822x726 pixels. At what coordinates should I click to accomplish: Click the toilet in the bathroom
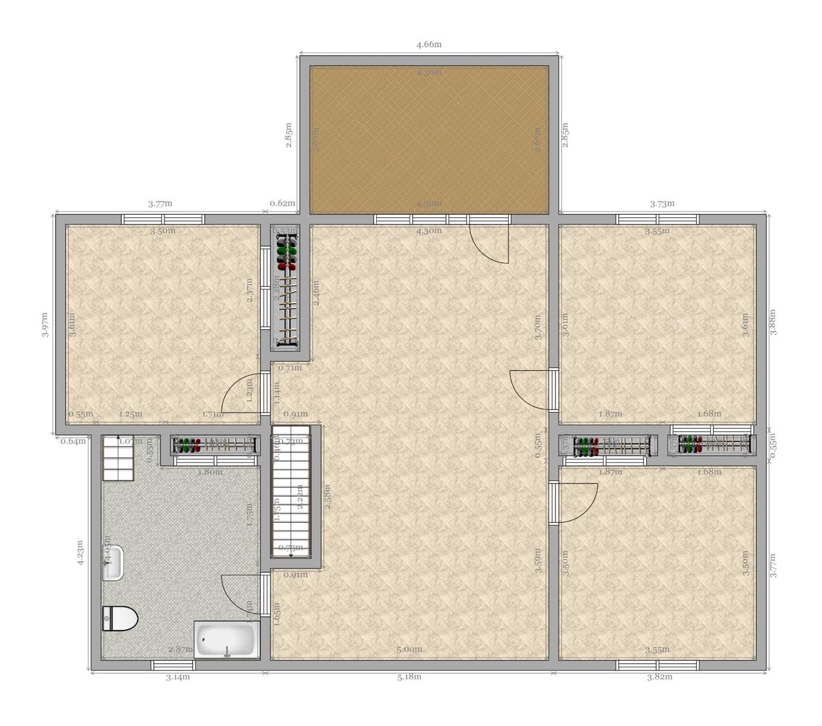[x=119, y=618]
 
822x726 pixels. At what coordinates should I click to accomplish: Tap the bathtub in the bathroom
[x=226, y=640]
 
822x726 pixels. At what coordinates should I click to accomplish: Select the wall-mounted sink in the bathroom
[x=113, y=563]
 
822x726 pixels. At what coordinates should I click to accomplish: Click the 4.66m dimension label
[x=429, y=44]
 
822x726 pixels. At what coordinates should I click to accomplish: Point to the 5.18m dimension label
[x=409, y=676]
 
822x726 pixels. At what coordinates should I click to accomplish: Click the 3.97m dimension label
[x=45, y=324]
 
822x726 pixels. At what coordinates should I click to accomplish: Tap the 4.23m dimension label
[x=80, y=552]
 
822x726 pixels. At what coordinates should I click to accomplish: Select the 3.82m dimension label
[x=659, y=676]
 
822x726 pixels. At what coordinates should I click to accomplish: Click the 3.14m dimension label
[x=178, y=676]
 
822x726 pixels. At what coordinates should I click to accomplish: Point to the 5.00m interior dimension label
[x=409, y=649]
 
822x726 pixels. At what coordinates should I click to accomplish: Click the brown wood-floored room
[x=429, y=139]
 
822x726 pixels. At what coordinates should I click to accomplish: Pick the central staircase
[x=290, y=491]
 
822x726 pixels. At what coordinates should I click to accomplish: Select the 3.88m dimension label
[x=772, y=322]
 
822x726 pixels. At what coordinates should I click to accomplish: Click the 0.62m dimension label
[x=282, y=203]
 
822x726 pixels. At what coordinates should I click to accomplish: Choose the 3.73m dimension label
[x=662, y=203]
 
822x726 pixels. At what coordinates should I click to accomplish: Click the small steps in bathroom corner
[x=118, y=458]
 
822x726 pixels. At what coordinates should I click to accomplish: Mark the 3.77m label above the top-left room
[x=160, y=203]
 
